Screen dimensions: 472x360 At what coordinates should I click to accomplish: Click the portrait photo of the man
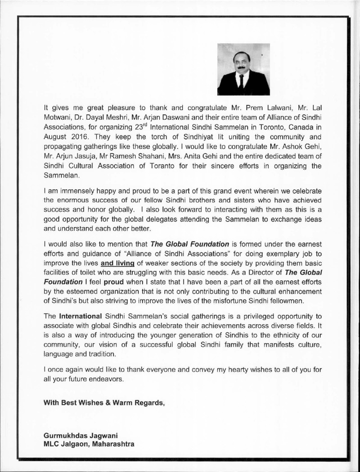point(243,69)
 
